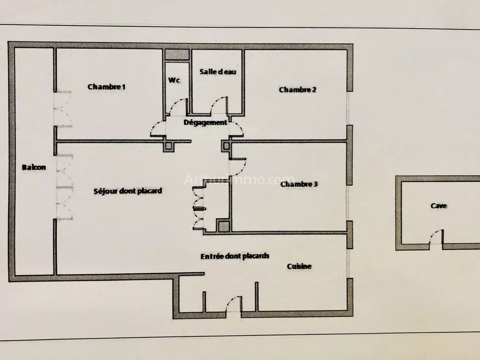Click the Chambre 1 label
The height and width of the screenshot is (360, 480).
106,87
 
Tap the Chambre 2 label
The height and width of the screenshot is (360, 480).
298,90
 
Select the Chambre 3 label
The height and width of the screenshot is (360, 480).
299,184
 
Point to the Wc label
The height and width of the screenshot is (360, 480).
174,80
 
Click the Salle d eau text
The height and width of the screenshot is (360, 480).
218,72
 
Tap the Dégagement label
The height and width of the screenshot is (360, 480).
205,123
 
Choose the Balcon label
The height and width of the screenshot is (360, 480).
34,167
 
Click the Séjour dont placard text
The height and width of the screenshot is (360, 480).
128,191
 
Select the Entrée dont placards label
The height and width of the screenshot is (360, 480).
235,256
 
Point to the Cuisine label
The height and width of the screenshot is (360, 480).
299,266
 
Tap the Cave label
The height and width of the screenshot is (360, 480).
439,206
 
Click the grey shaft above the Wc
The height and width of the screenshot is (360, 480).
177,54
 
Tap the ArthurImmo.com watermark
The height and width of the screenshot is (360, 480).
239,180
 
